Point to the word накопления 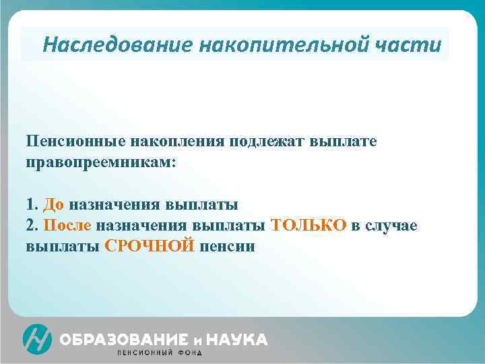coord(176,142)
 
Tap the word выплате coord(344,142)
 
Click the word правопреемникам coord(100,162)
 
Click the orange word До coord(53,204)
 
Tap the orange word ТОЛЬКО coord(308,224)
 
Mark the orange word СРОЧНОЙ coord(150,246)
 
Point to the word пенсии coord(227,246)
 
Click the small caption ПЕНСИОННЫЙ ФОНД coord(159,353)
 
